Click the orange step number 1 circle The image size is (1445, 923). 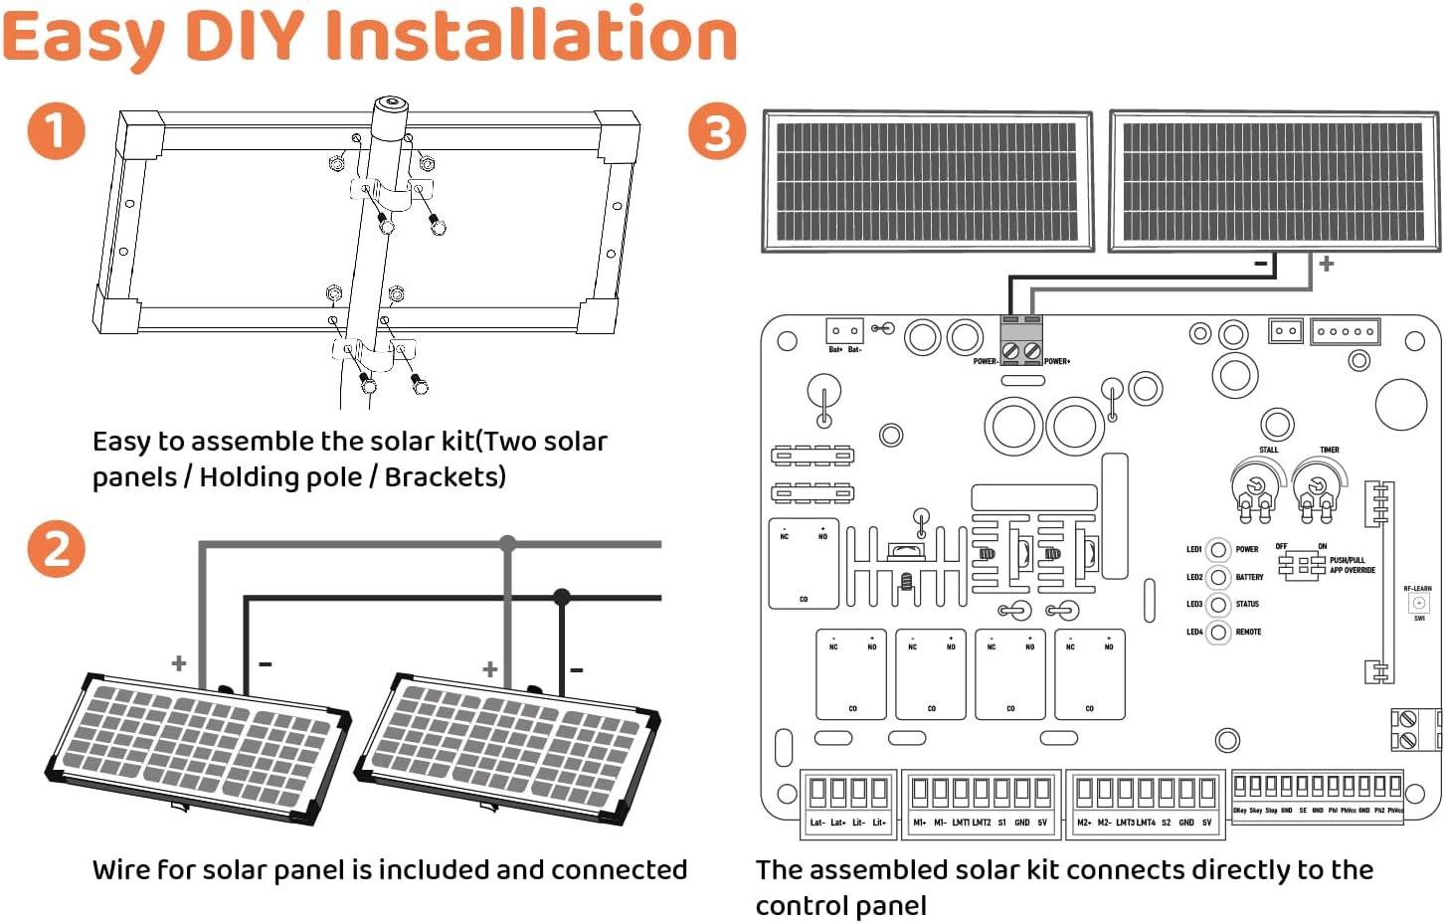point(56,131)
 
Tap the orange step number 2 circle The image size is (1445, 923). point(56,549)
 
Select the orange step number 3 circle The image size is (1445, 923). point(717,132)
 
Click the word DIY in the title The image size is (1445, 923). point(245,36)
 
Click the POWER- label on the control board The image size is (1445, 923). point(985,361)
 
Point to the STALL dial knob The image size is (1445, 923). point(1256,484)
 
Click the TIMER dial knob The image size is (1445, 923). point(1317,485)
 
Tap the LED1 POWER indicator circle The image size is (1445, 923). point(1218,549)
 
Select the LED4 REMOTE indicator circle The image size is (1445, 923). point(1218,632)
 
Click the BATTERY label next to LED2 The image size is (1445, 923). point(1249,577)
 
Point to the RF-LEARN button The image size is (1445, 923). point(1419,603)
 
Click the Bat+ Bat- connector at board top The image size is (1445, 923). point(844,331)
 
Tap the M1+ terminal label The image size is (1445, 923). point(919,823)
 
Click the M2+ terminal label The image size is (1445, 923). point(1084,823)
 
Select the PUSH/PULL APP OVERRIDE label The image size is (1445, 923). point(1352,565)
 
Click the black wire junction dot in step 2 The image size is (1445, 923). point(562,597)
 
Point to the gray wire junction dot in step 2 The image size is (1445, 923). point(508,543)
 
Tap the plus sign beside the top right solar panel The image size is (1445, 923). point(1326,264)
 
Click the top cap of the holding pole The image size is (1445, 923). point(390,103)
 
